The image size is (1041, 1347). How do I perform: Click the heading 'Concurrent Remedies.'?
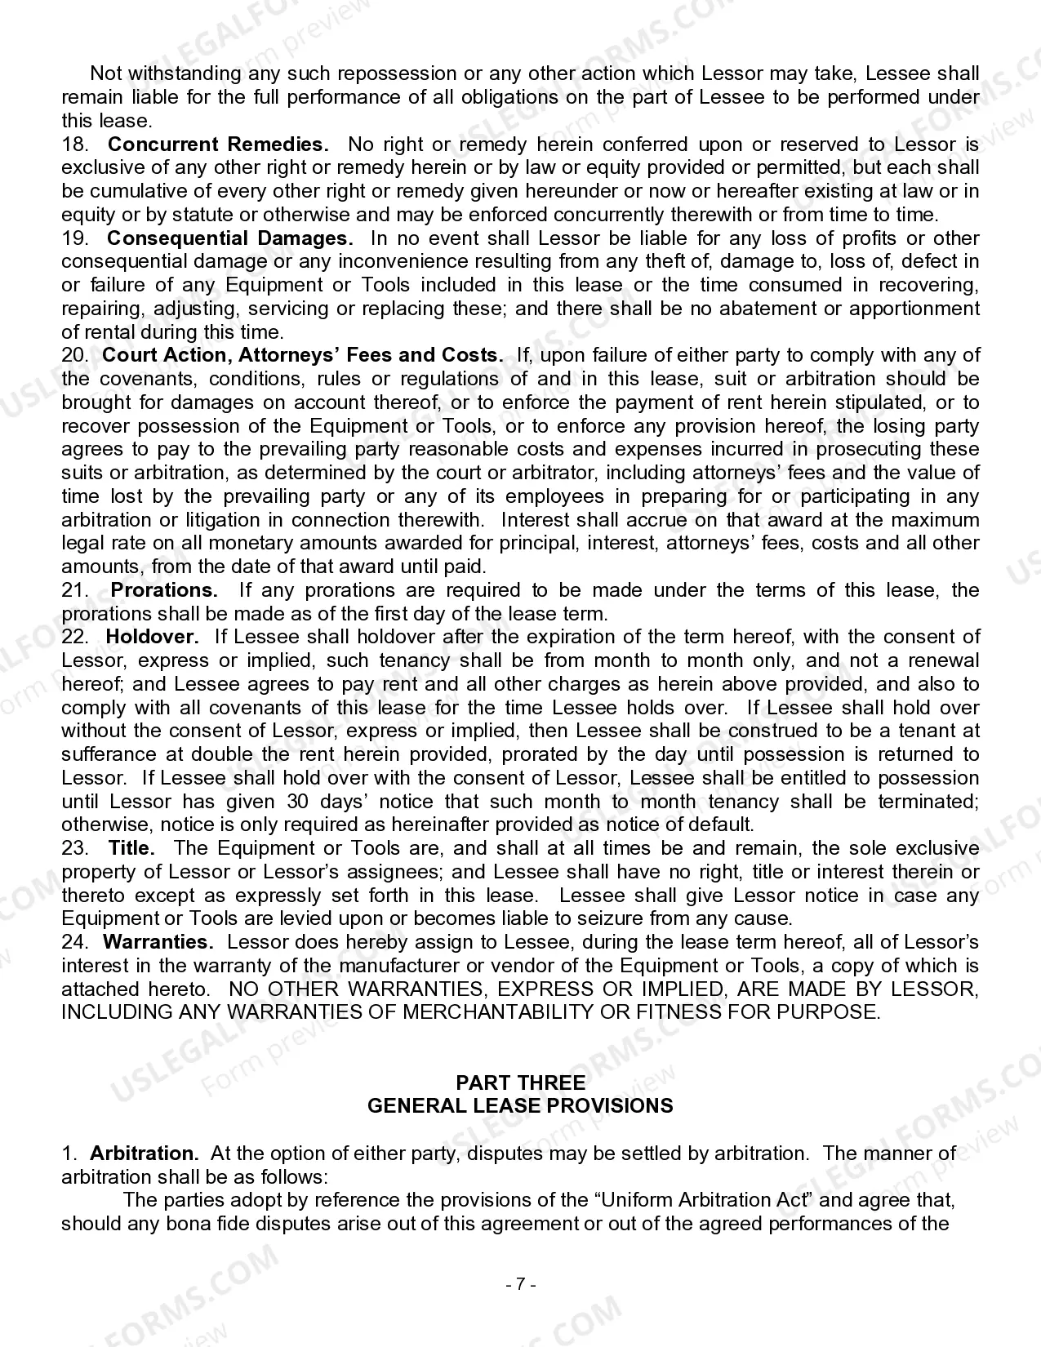(x=218, y=144)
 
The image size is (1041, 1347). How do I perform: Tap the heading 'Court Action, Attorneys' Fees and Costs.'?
(x=302, y=355)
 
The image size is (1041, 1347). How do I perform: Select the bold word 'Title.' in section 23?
(x=131, y=848)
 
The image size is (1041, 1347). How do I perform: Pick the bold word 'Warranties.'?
(x=158, y=942)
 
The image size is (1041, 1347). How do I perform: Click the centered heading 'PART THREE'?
(x=520, y=1083)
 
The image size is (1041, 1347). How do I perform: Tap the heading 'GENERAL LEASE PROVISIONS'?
(x=520, y=1106)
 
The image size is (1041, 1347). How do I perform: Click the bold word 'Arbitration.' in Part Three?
(x=145, y=1154)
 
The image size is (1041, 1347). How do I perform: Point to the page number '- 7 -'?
(x=520, y=1284)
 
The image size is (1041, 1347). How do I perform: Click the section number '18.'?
(x=74, y=144)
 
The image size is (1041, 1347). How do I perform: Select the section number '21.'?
(x=74, y=590)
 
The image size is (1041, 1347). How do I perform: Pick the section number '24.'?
(x=74, y=942)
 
